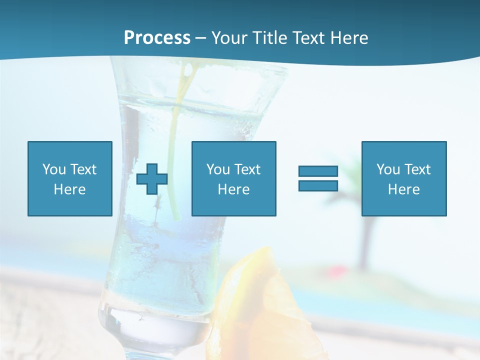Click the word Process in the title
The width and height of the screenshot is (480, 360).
click(157, 38)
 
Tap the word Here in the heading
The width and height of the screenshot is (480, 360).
click(349, 38)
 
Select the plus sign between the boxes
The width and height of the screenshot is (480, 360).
click(152, 179)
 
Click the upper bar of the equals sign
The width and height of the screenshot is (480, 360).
click(318, 171)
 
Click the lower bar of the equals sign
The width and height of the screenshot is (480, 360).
click(318, 185)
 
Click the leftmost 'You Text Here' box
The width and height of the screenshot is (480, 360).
click(69, 178)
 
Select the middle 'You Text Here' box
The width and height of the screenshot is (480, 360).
click(233, 178)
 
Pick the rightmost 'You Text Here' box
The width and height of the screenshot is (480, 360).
click(403, 178)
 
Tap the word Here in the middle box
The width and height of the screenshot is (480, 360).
click(233, 189)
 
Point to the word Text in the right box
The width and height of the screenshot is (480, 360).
click(417, 169)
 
